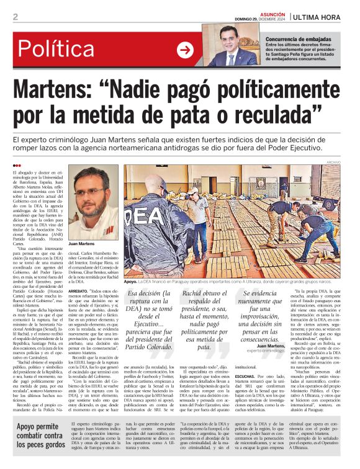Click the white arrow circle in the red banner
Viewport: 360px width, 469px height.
pyautogui.click(x=185, y=50)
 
